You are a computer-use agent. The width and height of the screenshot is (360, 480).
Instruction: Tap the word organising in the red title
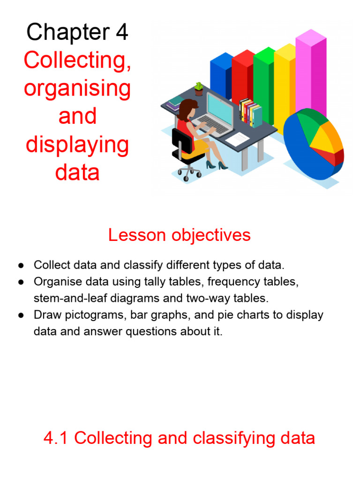tap(77, 88)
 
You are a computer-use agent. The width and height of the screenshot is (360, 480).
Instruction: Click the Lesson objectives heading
tap(180, 235)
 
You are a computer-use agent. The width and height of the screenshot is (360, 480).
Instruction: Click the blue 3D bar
tap(221, 75)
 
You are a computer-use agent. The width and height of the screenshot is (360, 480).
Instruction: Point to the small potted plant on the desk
tap(199, 89)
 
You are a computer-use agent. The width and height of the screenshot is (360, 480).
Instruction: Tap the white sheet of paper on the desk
tap(238, 138)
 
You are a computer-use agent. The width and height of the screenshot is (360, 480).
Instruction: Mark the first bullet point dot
tap(21, 265)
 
